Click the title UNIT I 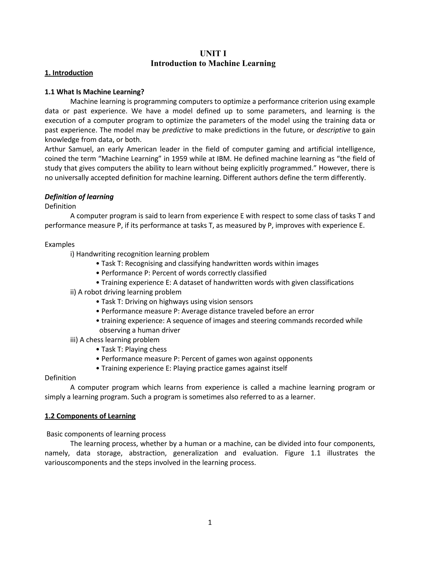click(213, 53)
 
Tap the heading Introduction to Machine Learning click(213, 63)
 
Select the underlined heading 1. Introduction click(69, 73)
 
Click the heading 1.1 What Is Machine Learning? click(94, 92)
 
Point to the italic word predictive click(178, 130)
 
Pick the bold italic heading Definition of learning click(79, 197)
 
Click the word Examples click(60, 245)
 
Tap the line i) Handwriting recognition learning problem click(140, 254)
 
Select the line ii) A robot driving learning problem click(126, 292)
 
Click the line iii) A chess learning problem click(115, 340)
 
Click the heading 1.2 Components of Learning click(90, 416)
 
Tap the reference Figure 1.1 click(302, 453)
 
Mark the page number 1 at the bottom click(210, 522)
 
